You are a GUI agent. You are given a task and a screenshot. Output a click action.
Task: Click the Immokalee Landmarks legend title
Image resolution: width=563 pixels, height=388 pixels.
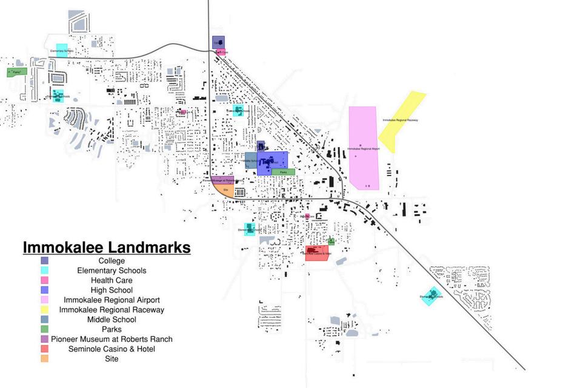[x=107, y=248]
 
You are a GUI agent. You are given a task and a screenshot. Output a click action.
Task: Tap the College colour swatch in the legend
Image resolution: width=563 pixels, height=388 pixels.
[x=45, y=261]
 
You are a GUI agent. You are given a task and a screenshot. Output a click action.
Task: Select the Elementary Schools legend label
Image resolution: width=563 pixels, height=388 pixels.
[x=112, y=271]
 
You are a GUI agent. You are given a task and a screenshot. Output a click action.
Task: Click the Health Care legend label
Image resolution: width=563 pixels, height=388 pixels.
[x=112, y=280]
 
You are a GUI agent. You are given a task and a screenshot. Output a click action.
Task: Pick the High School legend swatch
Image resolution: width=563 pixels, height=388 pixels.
[x=45, y=290]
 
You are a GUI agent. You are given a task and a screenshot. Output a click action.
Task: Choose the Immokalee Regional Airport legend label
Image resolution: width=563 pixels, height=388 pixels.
[x=112, y=300]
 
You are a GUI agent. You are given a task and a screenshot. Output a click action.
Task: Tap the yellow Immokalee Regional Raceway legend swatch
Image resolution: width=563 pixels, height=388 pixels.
[x=45, y=309]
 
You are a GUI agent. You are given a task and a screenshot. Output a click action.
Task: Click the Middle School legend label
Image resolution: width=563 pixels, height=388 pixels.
[x=112, y=320]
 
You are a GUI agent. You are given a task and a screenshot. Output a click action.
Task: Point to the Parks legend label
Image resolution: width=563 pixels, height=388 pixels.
[x=112, y=329]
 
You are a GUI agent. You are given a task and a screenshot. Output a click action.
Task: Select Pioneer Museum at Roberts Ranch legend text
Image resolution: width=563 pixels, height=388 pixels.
[x=112, y=339]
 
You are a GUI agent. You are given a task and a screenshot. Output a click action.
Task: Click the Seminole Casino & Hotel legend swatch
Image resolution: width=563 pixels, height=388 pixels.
[x=45, y=349]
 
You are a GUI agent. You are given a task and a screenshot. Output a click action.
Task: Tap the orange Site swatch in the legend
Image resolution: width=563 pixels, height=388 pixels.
[x=45, y=358]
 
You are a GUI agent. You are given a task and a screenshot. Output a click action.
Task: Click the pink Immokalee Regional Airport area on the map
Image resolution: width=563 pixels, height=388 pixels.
[x=362, y=148]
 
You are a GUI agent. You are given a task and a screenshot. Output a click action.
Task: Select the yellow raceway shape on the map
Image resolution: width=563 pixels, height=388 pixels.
[x=401, y=121]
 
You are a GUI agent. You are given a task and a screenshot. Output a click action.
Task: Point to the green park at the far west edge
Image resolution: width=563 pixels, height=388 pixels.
[x=16, y=72]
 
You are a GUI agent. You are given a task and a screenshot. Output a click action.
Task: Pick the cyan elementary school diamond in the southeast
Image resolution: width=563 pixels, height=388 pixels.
[x=431, y=296]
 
